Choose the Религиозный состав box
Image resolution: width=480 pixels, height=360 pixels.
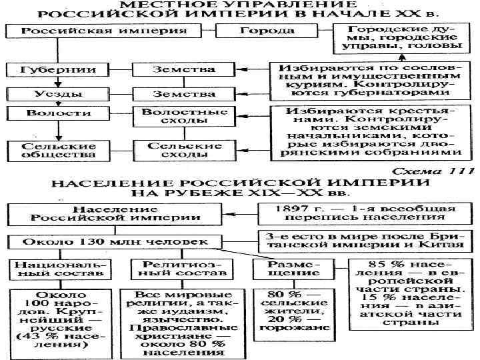(x=176, y=269)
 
